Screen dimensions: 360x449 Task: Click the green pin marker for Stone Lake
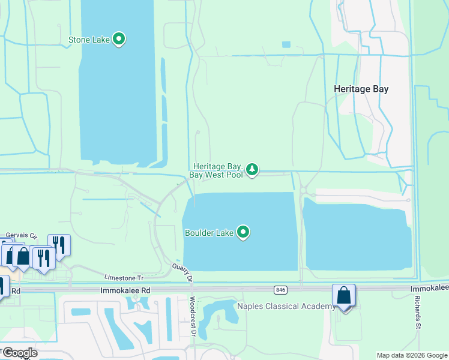click(119, 40)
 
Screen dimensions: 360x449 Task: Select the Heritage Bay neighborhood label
click(361, 89)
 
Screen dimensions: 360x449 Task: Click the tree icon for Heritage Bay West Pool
click(253, 170)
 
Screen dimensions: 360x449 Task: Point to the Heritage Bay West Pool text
click(217, 170)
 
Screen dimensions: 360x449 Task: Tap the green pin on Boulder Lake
click(243, 232)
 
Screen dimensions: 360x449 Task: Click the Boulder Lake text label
click(208, 233)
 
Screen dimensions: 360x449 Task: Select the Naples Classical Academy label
click(286, 307)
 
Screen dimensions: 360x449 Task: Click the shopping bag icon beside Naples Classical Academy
click(344, 296)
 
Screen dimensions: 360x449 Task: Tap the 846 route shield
click(280, 290)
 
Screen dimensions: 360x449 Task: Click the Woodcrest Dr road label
click(193, 317)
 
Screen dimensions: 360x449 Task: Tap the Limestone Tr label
click(124, 278)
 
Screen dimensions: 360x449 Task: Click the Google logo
click(19, 352)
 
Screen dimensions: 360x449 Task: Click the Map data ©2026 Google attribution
click(411, 355)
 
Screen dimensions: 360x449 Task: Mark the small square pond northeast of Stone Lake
click(286, 44)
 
